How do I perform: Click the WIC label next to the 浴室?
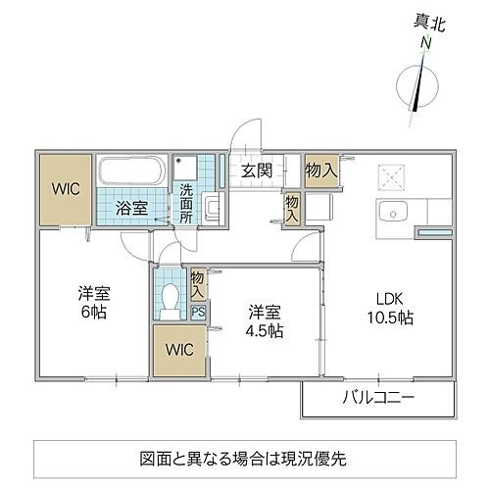(66, 186)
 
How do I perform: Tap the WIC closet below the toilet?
(180, 350)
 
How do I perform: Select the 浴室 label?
(133, 207)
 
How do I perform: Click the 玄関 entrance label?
(258, 171)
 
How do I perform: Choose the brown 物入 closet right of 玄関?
(320, 171)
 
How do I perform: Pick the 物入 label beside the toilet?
(199, 285)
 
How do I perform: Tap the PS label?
(199, 314)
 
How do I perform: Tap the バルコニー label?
(376, 399)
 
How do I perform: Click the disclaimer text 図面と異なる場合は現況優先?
(244, 456)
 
